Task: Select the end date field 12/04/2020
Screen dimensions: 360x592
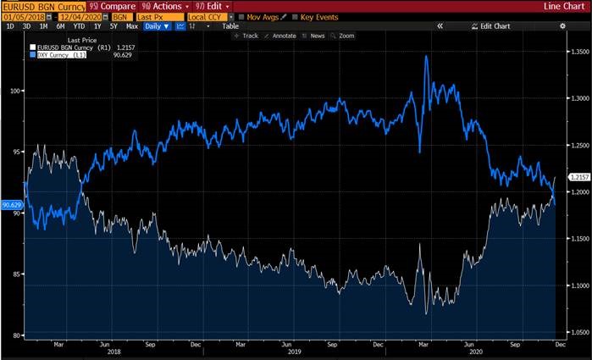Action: coord(81,16)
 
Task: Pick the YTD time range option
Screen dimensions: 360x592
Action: coord(77,26)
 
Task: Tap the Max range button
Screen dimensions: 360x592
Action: coord(131,26)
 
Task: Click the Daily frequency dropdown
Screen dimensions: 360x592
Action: coord(158,26)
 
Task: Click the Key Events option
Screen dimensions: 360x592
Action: coord(318,16)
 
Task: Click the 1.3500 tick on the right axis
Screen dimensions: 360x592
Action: coord(577,53)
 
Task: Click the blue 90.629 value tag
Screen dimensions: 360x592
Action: coord(12,204)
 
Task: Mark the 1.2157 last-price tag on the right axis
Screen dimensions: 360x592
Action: coord(578,177)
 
